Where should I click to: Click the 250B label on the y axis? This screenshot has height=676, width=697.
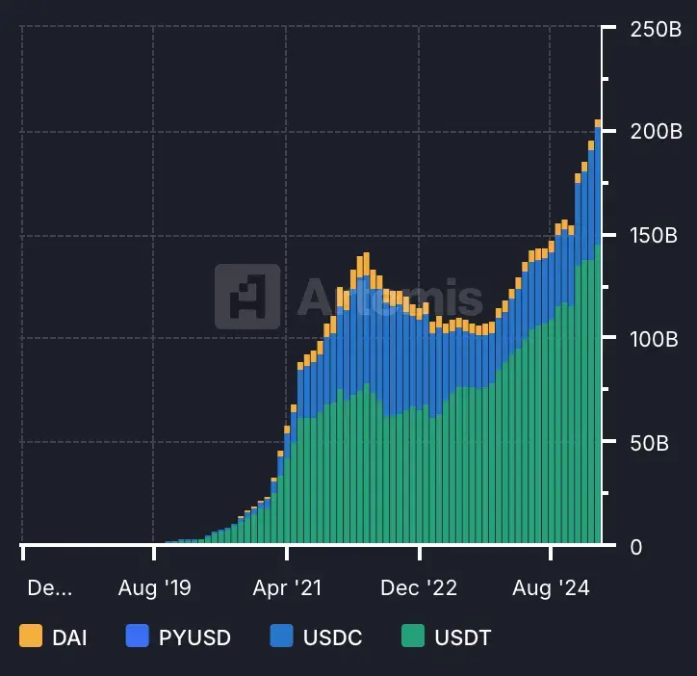[x=656, y=29]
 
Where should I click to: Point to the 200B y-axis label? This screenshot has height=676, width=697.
[x=656, y=131]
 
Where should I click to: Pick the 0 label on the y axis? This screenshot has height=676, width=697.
[x=636, y=547]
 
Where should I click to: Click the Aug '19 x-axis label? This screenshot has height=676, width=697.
[x=154, y=587]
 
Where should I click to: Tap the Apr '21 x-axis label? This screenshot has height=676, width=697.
[x=286, y=587]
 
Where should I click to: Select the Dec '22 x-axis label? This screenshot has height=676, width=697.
[x=420, y=587]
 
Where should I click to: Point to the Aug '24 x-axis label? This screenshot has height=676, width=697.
[x=552, y=587]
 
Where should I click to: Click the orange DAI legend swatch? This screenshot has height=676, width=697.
[x=31, y=636]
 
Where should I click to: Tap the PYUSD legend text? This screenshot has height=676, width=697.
[x=194, y=637]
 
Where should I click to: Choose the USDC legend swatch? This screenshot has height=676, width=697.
[x=281, y=636]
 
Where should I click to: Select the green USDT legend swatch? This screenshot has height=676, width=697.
[x=413, y=636]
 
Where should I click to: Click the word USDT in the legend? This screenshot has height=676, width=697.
[x=463, y=637]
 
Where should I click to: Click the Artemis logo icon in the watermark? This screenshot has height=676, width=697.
[x=247, y=297]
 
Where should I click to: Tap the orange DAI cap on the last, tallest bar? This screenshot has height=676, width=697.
[x=598, y=123]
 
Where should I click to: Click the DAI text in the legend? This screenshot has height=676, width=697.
[x=70, y=637]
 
